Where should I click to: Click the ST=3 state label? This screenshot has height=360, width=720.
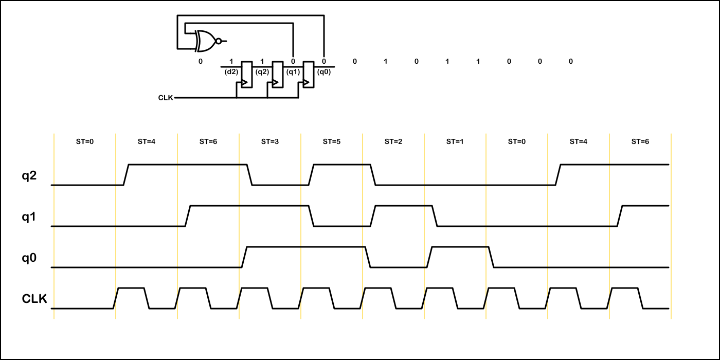[270, 141]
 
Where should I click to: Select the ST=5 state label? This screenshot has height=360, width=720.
[332, 141]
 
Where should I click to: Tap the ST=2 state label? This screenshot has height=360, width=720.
[393, 141]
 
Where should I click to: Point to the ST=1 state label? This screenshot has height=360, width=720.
[455, 141]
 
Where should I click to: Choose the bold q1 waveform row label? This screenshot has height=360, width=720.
[29, 217]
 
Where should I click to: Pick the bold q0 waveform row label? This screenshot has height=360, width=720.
[29, 258]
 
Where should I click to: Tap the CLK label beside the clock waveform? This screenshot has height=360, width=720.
[34, 299]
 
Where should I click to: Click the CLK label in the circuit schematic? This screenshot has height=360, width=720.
[166, 97]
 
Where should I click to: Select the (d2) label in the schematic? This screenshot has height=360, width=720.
[231, 72]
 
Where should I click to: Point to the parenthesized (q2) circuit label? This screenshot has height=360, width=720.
[262, 72]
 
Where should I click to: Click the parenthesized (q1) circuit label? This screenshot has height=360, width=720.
[293, 72]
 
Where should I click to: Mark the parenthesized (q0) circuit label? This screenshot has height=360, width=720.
[324, 72]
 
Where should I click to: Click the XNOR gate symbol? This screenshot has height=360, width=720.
[206, 41]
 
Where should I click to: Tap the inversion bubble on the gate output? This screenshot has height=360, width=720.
[219, 41]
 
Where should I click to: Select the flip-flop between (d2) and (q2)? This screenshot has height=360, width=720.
[247, 75]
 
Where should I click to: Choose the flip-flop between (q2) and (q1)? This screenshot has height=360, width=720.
[278, 75]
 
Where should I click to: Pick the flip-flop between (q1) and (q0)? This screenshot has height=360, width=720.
[309, 75]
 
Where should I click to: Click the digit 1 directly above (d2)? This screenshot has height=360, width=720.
[231, 62]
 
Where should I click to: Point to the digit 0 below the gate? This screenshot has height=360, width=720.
[201, 62]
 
